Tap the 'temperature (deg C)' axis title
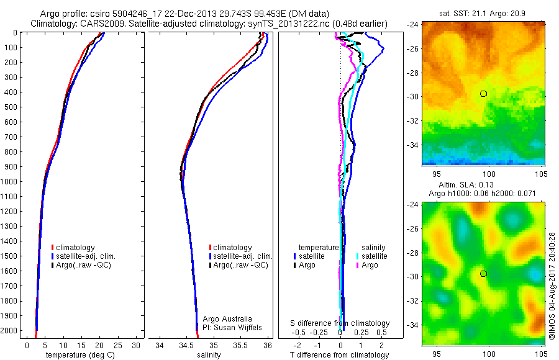point(78,355)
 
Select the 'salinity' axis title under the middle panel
point(209,355)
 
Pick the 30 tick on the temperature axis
point(137,345)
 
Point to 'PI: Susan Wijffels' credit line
point(229,327)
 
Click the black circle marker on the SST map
point(483,93)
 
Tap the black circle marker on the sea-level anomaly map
point(483,273)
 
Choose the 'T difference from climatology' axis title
point(339,355)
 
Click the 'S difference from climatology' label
point(340,323)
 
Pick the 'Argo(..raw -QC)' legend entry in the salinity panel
point(240,265)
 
